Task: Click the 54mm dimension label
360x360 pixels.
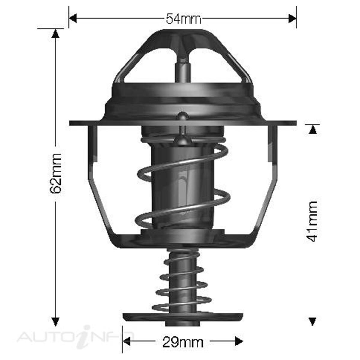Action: [x=183, y=19]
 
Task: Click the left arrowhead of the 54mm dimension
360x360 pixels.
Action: [x=73, y=19]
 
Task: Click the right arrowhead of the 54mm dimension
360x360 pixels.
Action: [x=292, y=19]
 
